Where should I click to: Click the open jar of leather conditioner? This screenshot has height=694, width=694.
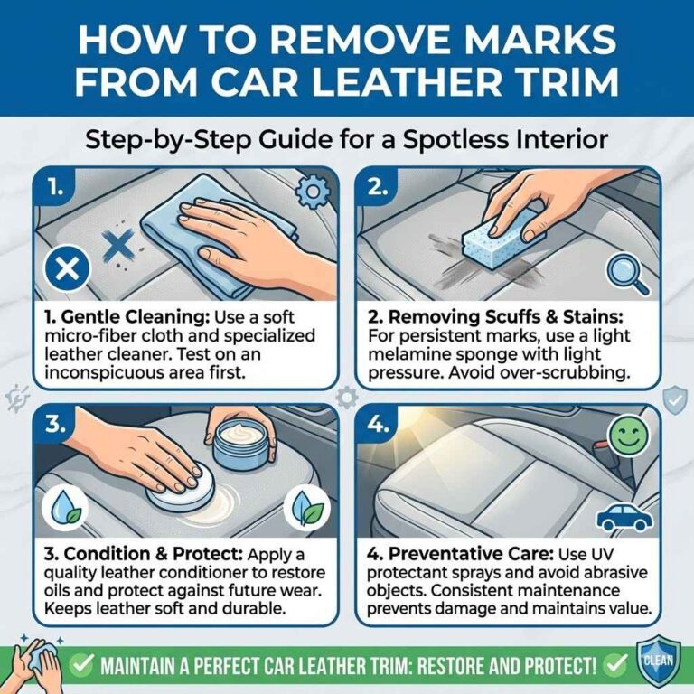tap(242, 443)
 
